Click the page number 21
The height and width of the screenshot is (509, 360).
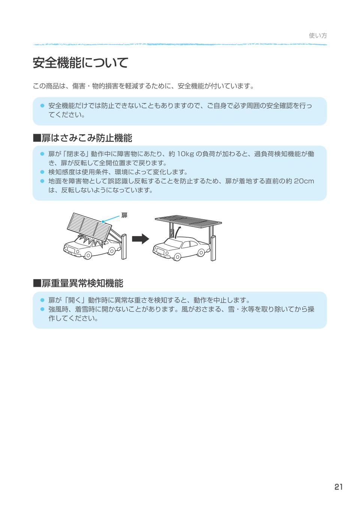point(338,487)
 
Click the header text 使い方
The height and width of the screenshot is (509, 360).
point(318,36)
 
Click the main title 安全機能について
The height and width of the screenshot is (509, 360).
point(81,63)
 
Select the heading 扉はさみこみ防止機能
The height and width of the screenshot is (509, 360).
point(83,138)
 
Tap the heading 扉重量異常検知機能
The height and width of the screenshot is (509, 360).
point(78,283)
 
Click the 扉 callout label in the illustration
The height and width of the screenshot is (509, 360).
point(124,215)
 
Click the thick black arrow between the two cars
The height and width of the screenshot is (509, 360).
point(140,239)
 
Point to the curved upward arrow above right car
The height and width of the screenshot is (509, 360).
point(178,231)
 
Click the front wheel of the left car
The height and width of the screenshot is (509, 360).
point(88,255)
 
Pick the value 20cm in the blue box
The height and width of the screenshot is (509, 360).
point(304,181)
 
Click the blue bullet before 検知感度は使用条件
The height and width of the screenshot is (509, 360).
point(42,172)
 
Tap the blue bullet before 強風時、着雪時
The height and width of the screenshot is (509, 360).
point(42,309)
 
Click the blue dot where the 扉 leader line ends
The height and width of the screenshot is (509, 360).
point(103,222)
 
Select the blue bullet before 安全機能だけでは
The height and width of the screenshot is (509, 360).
point(42,106)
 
